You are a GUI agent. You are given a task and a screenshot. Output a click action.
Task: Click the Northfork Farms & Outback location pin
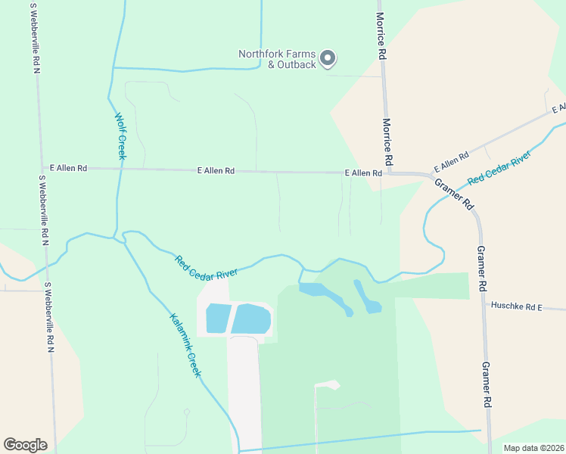point(328,58)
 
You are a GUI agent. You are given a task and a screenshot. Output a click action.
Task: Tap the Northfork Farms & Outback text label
point(277,59)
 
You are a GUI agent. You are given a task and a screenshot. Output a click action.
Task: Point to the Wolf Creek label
point(120,136)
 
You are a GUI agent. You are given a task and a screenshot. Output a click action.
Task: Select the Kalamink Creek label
point(185,345)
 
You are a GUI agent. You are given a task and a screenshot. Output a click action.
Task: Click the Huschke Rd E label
point(518,306)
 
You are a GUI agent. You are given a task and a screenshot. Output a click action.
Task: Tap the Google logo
point(25,445)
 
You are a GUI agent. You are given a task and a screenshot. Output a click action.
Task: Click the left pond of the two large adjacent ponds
point(218,319)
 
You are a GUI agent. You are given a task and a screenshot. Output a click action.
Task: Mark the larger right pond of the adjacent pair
point(251,319)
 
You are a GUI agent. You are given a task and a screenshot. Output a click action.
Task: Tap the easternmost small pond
point(370,303)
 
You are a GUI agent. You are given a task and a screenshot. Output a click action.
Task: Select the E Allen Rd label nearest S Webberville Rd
point(69,168)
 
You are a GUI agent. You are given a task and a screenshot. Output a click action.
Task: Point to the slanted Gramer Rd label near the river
point(454,194)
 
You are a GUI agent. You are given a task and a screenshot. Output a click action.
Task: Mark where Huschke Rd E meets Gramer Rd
point(484,306)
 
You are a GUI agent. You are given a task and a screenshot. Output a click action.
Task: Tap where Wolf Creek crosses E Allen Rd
point(119,169)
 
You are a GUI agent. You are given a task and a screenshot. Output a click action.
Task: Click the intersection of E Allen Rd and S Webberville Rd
point(40,168)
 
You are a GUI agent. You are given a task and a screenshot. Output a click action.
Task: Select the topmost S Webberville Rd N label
point(35,38)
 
